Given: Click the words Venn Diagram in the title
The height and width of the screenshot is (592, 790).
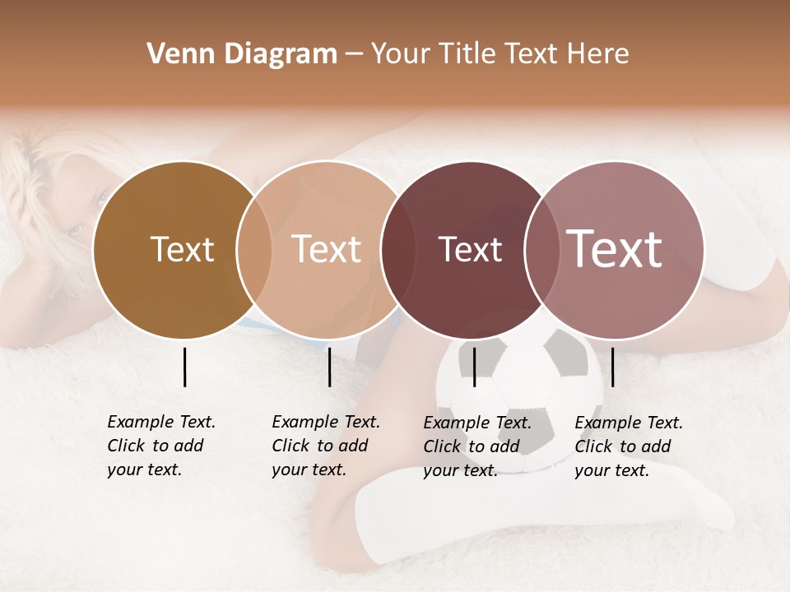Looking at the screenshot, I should (x=242, y=54).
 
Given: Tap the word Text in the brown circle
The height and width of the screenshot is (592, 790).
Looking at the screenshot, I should (x=182, y=249).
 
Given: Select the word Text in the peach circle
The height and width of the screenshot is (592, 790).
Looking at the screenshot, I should (x=326, y=249).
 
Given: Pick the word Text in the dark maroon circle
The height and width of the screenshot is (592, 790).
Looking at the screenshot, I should (x=470, y=249).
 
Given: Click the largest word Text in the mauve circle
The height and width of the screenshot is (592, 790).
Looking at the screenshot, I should (x=614, y=248).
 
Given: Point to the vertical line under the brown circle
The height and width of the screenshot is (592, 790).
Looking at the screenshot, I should (x=184, y=367).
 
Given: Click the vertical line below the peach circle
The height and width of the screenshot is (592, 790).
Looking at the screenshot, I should (x=329, y=367).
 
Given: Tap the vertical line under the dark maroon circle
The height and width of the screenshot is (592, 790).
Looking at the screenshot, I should (x=474, y=367).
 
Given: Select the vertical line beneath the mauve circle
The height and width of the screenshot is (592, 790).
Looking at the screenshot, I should (x=612, y=367).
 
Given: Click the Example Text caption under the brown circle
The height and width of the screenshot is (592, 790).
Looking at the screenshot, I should (x=160, y=446).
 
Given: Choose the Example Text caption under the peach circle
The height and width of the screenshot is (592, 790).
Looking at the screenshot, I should (x=325, y=446).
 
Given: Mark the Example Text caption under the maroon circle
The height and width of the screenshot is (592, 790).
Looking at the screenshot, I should (x=476, y=446).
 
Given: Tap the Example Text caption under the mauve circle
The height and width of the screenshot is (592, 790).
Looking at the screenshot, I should (x=628, y=446).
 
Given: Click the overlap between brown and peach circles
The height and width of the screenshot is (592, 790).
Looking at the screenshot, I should (x=254, y=249).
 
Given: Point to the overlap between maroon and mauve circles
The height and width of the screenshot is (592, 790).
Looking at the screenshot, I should (x=540, y=249).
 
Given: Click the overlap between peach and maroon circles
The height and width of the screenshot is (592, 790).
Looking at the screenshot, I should (x=398, y=249).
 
